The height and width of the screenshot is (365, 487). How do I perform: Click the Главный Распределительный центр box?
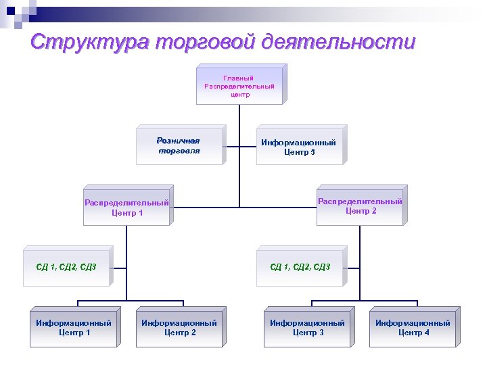(239, 87)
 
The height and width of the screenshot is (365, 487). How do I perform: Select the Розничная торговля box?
(179, 146)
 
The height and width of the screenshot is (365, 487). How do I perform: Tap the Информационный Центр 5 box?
(298, 147)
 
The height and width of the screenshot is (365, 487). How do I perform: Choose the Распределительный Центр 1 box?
(126, 208)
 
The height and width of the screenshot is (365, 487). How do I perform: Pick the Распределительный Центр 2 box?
(360, 205)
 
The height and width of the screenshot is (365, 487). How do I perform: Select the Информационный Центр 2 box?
(179, 328)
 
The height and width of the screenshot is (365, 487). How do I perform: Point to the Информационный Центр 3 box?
(307, 328)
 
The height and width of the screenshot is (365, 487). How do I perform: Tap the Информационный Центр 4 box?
(413, 328)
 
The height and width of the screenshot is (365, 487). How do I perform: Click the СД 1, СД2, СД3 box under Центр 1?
(66, 267)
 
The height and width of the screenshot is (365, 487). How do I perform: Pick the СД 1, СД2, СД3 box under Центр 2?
(300, 267)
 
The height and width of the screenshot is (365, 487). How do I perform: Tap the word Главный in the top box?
(239, 78)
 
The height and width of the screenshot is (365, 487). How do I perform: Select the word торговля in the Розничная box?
(179, 151)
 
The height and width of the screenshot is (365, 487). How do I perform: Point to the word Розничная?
(179, 141)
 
